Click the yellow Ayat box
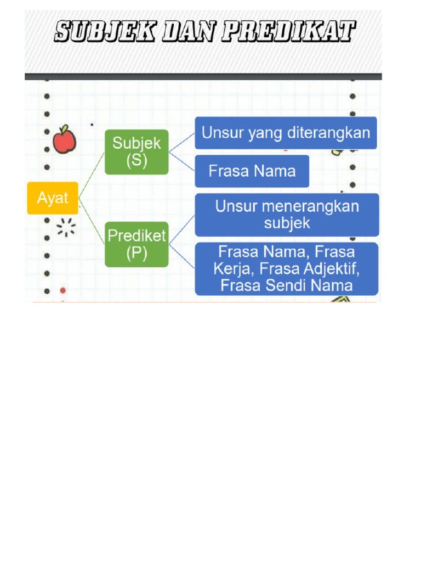(53, 198)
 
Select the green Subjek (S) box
(136, 151)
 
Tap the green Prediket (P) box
(136, 244)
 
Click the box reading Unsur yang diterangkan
(286, 133)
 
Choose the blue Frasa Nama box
(252, 171)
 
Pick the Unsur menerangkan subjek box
(287, 214)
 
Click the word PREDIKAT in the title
(287, 32)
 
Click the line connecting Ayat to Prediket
(92, 221)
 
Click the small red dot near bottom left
(62, 290)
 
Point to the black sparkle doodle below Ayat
(66, 227)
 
